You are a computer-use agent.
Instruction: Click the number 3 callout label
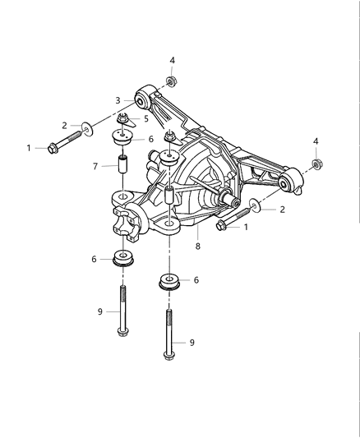(118, 101)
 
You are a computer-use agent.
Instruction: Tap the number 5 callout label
(146, 118)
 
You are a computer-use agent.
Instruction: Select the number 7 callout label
(95, 166)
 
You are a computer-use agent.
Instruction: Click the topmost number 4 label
(171, 60)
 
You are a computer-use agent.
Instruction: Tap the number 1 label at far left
(29, 148)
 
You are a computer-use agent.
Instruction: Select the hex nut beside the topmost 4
(170, 81)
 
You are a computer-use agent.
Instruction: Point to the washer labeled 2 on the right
(256, 206)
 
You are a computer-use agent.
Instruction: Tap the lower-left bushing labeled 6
(123, 260)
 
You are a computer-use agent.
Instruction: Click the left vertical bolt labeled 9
(123, 311)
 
